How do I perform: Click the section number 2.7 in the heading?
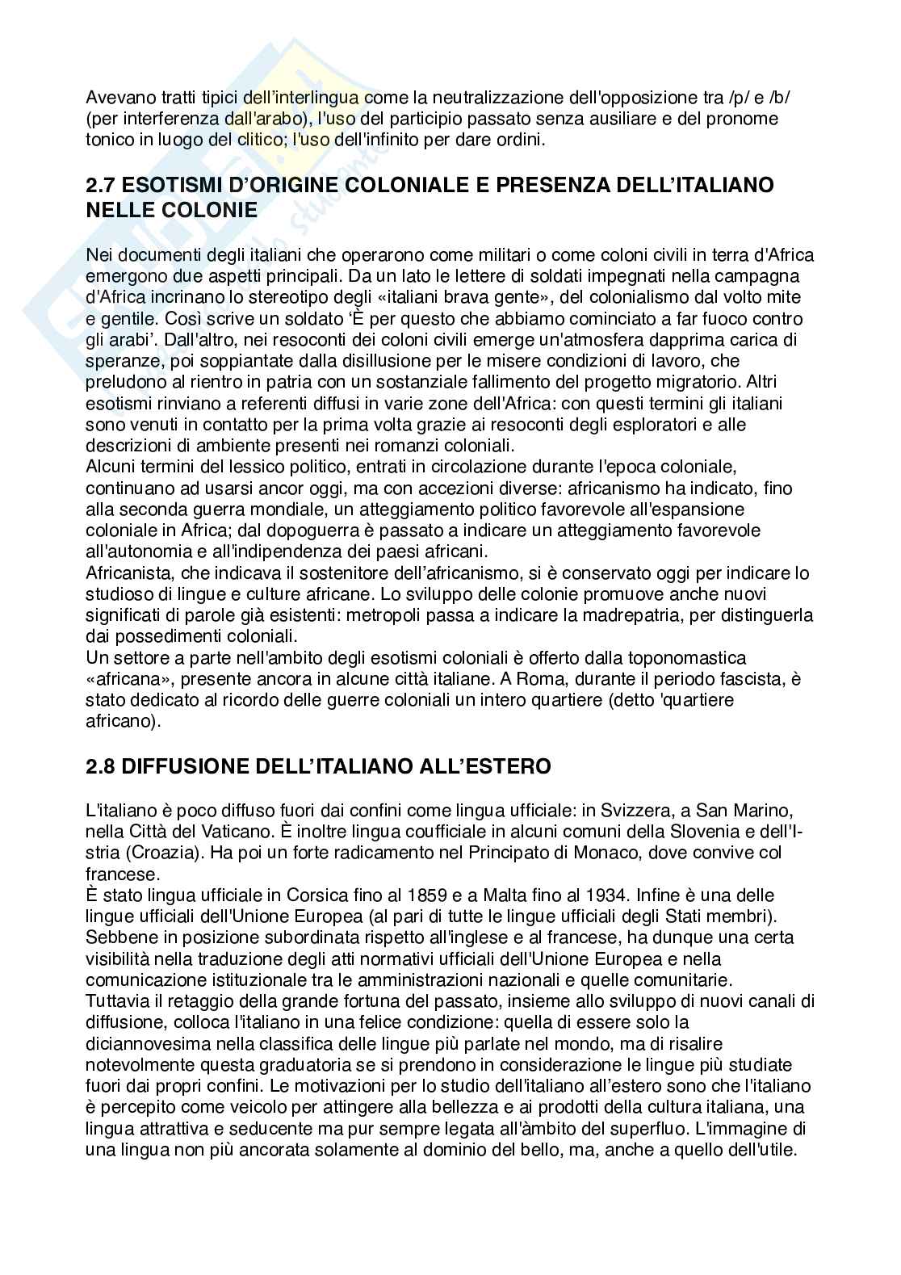point(103,186)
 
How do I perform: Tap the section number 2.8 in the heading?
point(103,765)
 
